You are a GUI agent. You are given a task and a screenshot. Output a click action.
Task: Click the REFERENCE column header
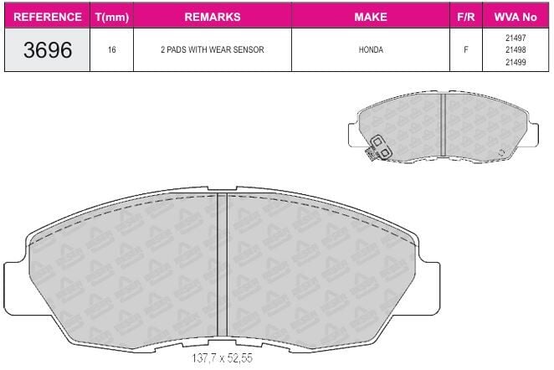[x=48, y=17]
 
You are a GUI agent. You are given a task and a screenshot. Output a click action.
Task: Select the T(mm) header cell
[x=111, y=17]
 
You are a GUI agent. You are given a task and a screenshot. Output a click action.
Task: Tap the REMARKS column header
[x=213, y=17]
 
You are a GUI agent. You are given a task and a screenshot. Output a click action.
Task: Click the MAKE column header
[x=371, y=17]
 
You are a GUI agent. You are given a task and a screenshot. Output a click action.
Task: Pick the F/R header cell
[x=465, y=17]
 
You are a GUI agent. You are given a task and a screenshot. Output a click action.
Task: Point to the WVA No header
[x=516, y=17]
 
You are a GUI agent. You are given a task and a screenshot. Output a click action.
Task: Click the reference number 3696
[x=48, y=49]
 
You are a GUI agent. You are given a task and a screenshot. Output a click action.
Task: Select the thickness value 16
[x=111, y=49]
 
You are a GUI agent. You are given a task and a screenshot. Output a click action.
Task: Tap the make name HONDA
[x=371, y=49]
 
